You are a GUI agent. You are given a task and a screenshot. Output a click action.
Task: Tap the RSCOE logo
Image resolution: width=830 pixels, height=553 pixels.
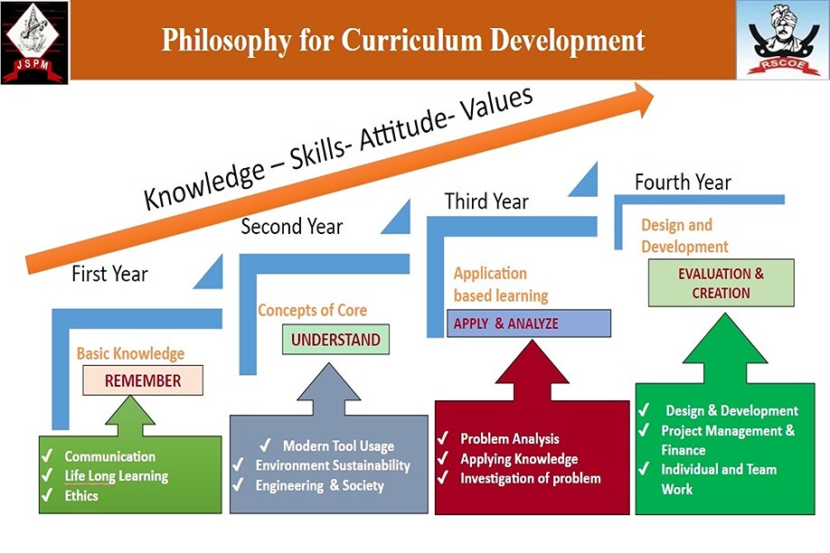[x=782, y=41]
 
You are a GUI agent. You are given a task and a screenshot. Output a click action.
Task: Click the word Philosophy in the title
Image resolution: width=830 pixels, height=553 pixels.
[x=226, y=41]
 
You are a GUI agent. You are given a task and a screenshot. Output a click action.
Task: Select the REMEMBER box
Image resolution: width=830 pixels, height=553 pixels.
[x=143, y=380]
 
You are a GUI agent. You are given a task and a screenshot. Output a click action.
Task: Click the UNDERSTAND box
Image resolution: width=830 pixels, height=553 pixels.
[x=335, y=339]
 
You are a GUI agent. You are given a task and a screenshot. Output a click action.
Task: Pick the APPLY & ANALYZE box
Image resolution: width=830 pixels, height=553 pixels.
[x=529, y=323]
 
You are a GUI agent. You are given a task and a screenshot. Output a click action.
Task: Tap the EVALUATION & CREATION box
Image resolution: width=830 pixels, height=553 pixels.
[x=721, y=283]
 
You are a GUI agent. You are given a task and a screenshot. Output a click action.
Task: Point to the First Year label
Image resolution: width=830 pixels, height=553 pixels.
[x=109, y=274]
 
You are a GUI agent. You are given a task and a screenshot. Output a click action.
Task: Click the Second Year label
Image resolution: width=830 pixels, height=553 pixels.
[x=292, y=227]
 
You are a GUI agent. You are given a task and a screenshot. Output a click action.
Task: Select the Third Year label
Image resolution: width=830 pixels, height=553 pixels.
[x=486, y=202]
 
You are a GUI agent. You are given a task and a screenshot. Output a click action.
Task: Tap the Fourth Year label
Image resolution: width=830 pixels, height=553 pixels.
[x=683, y=183]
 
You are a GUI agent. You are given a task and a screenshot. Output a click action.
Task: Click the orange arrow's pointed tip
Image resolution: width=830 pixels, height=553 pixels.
[x=655, y=96]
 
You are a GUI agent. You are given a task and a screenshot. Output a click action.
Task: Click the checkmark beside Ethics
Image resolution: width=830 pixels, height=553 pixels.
[x=47, y=495]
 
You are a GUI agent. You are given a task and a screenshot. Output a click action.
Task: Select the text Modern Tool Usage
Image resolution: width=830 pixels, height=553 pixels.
[x=338, y=446]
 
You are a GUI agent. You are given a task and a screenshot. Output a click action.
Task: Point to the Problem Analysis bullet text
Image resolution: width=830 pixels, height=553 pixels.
[x=510, y=439]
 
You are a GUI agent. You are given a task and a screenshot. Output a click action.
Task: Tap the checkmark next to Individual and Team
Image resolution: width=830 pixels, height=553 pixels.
[x=644, y=468]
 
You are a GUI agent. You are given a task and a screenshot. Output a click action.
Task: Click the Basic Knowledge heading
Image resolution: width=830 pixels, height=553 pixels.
[x=131, y=353]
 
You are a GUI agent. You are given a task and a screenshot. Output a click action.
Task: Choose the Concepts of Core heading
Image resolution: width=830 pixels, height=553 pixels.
[x=312, y=310]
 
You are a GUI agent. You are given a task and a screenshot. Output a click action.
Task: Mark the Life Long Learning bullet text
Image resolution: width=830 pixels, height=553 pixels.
[x=117, y=476]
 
